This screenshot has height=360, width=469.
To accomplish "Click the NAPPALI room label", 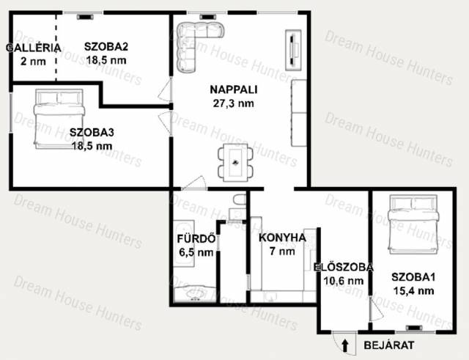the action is (x=234, y=89).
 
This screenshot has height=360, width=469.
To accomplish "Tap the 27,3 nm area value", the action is (x=234, y=103).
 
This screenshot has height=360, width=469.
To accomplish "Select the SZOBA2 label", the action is (x=106, y=47).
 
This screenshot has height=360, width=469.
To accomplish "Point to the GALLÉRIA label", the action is (x=34, y=48).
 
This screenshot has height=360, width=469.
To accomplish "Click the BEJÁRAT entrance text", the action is (x=389, y=345).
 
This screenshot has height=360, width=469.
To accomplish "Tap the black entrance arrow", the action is (x=345, y=345).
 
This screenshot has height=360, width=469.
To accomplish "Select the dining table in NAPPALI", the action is (x=235, y=163).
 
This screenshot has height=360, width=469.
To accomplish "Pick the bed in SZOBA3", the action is (x=59, y=119).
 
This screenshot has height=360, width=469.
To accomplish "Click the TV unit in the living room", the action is (x=293, y=50).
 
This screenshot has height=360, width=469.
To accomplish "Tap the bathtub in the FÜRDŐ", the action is (x=184, y=243).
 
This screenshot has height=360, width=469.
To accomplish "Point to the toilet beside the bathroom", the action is (x=240, y=199).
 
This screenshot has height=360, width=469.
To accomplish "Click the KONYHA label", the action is (x=282, y=238).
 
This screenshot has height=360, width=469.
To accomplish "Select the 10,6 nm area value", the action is (x=344, y=281).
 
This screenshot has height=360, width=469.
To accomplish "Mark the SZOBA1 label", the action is (x=413, y=277).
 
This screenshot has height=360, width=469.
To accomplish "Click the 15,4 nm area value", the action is (x=413, y=290).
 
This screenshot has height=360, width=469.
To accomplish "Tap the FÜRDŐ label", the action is (x=196, y=238).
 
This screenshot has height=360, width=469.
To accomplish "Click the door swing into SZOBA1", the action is (x=376, y=309).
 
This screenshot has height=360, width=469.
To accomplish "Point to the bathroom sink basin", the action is (x=195, y=293).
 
